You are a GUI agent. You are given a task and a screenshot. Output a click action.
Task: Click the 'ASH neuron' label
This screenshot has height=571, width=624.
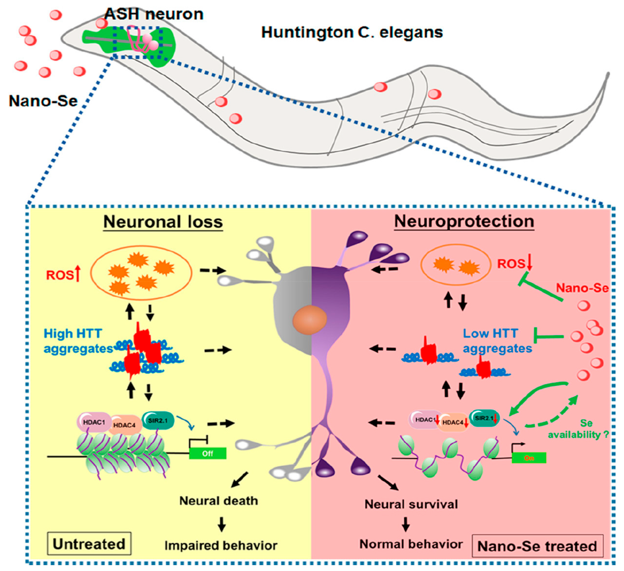click(154, 14)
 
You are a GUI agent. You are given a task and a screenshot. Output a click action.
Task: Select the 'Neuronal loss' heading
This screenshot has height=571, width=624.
click(163, 222)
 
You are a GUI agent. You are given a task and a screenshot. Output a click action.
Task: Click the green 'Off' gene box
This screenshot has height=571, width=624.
click(208, 453)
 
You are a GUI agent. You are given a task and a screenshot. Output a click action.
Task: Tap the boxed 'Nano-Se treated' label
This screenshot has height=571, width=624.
click(537, 546)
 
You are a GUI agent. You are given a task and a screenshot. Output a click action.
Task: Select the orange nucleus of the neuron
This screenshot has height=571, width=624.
click(310, 320)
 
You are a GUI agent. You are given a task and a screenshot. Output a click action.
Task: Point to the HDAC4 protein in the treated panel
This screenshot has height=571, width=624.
click(453, 422)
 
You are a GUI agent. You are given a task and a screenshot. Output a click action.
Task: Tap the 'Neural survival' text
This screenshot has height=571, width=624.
click(411, 504)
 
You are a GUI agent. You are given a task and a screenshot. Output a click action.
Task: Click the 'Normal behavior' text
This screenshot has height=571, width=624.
click(411, 544)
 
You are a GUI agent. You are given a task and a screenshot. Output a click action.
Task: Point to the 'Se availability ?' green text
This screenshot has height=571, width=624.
click(579, 429)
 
